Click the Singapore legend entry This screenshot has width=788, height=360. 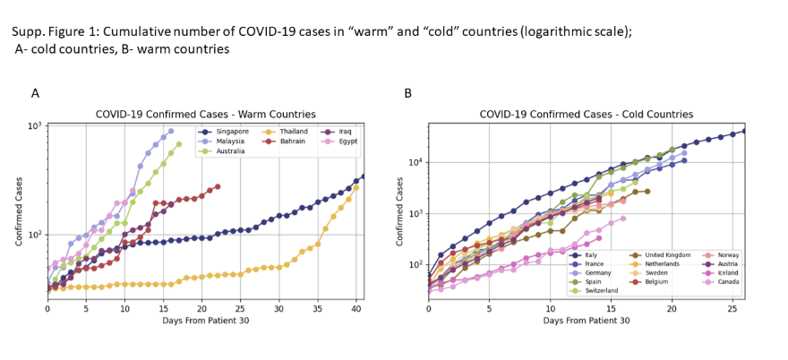coord(226,132)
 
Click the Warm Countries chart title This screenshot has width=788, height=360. coord(205,114)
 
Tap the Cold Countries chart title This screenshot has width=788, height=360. coord(573,114)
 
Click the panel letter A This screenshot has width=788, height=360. coord(35,92)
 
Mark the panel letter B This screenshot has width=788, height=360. coord(408,92)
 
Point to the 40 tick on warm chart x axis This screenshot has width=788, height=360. coord(355,308)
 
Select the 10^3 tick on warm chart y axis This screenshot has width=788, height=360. coord(36,125)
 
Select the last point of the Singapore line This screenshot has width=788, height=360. coord(363,176)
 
